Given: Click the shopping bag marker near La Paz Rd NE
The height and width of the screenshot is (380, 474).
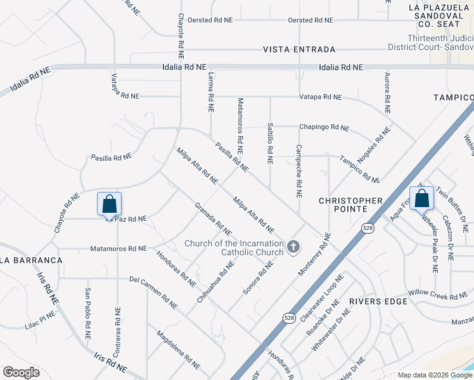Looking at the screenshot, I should pyautogui.click(x=109, y=204).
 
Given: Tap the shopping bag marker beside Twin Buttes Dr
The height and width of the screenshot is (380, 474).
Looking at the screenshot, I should pyautogui.click(x=421, y=198).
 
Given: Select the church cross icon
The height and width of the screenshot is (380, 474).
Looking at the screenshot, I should pyautogui.click(x=293, y=246).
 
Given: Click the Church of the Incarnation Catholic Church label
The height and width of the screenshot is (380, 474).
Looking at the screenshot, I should pyautogui.click(x=234, y=248).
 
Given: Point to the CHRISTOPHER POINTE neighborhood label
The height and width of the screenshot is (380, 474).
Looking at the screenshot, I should pyautogui.click(x=350, y=205).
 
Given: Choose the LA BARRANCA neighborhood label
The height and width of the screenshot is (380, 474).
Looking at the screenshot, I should pyautogui.click(x=31, y=260).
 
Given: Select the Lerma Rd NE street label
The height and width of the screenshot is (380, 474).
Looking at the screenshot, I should pyautogui.click(x=210, y=91).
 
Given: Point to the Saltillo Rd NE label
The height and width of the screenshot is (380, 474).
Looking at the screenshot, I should pyautogui.click(x=270, y=143).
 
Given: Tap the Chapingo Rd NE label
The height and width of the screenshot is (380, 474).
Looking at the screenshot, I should pyautogui.click(x=324, y=128).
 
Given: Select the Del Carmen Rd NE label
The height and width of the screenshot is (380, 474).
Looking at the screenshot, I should pyautogui.click(x=151, y=289).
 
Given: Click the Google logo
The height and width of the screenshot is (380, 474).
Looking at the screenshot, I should pyautogui.click(x=22, y=372).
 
